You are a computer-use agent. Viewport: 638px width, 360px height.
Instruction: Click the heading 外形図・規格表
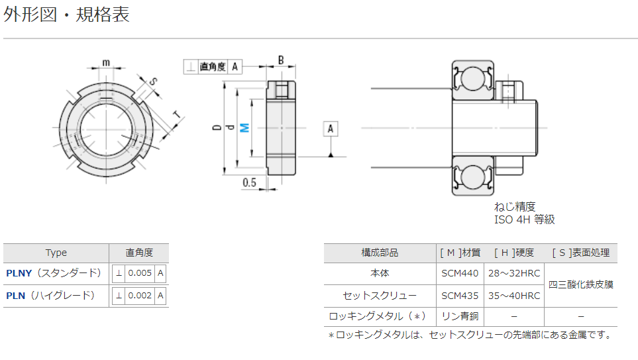click(x=67, y=15)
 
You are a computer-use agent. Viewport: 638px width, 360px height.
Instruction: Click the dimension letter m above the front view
click(x=106, y=63)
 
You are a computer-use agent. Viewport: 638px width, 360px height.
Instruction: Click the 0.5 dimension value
click(x=250, y=182)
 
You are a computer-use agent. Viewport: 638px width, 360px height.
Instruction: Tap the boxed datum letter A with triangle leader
click(x=331, y=129)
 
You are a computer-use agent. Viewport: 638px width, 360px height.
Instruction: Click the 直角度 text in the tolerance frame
click(x=213, y=66)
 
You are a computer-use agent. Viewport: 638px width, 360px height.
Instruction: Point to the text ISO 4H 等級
click(x=524, y=219)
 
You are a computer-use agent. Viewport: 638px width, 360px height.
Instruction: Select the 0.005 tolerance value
click(x=140, y=273)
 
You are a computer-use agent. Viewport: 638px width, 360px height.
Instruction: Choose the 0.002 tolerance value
click(x=140, y=296)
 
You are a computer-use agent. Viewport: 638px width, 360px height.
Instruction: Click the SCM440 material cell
click(x=460, y=273)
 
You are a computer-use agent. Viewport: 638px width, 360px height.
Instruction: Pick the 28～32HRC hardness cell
click(x=514, y=273)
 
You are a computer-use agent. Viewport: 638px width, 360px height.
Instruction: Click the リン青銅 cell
click(x=460, y=316)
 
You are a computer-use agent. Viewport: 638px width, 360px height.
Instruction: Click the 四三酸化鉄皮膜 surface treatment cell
click(x=581, y=284)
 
